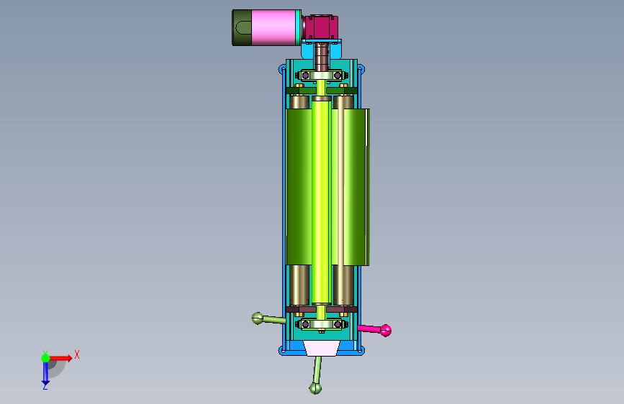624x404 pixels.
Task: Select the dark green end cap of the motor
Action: [242, 27]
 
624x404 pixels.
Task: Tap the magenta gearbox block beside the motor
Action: [321, 27]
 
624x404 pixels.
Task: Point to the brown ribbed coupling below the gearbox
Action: [322, 57]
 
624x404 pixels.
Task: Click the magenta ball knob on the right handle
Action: [386, 331]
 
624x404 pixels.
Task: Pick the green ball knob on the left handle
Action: [258, 318]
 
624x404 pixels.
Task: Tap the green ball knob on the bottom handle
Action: [315, 388]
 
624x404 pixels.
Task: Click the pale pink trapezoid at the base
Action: [322, 348]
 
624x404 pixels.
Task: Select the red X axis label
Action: [77, 354]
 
